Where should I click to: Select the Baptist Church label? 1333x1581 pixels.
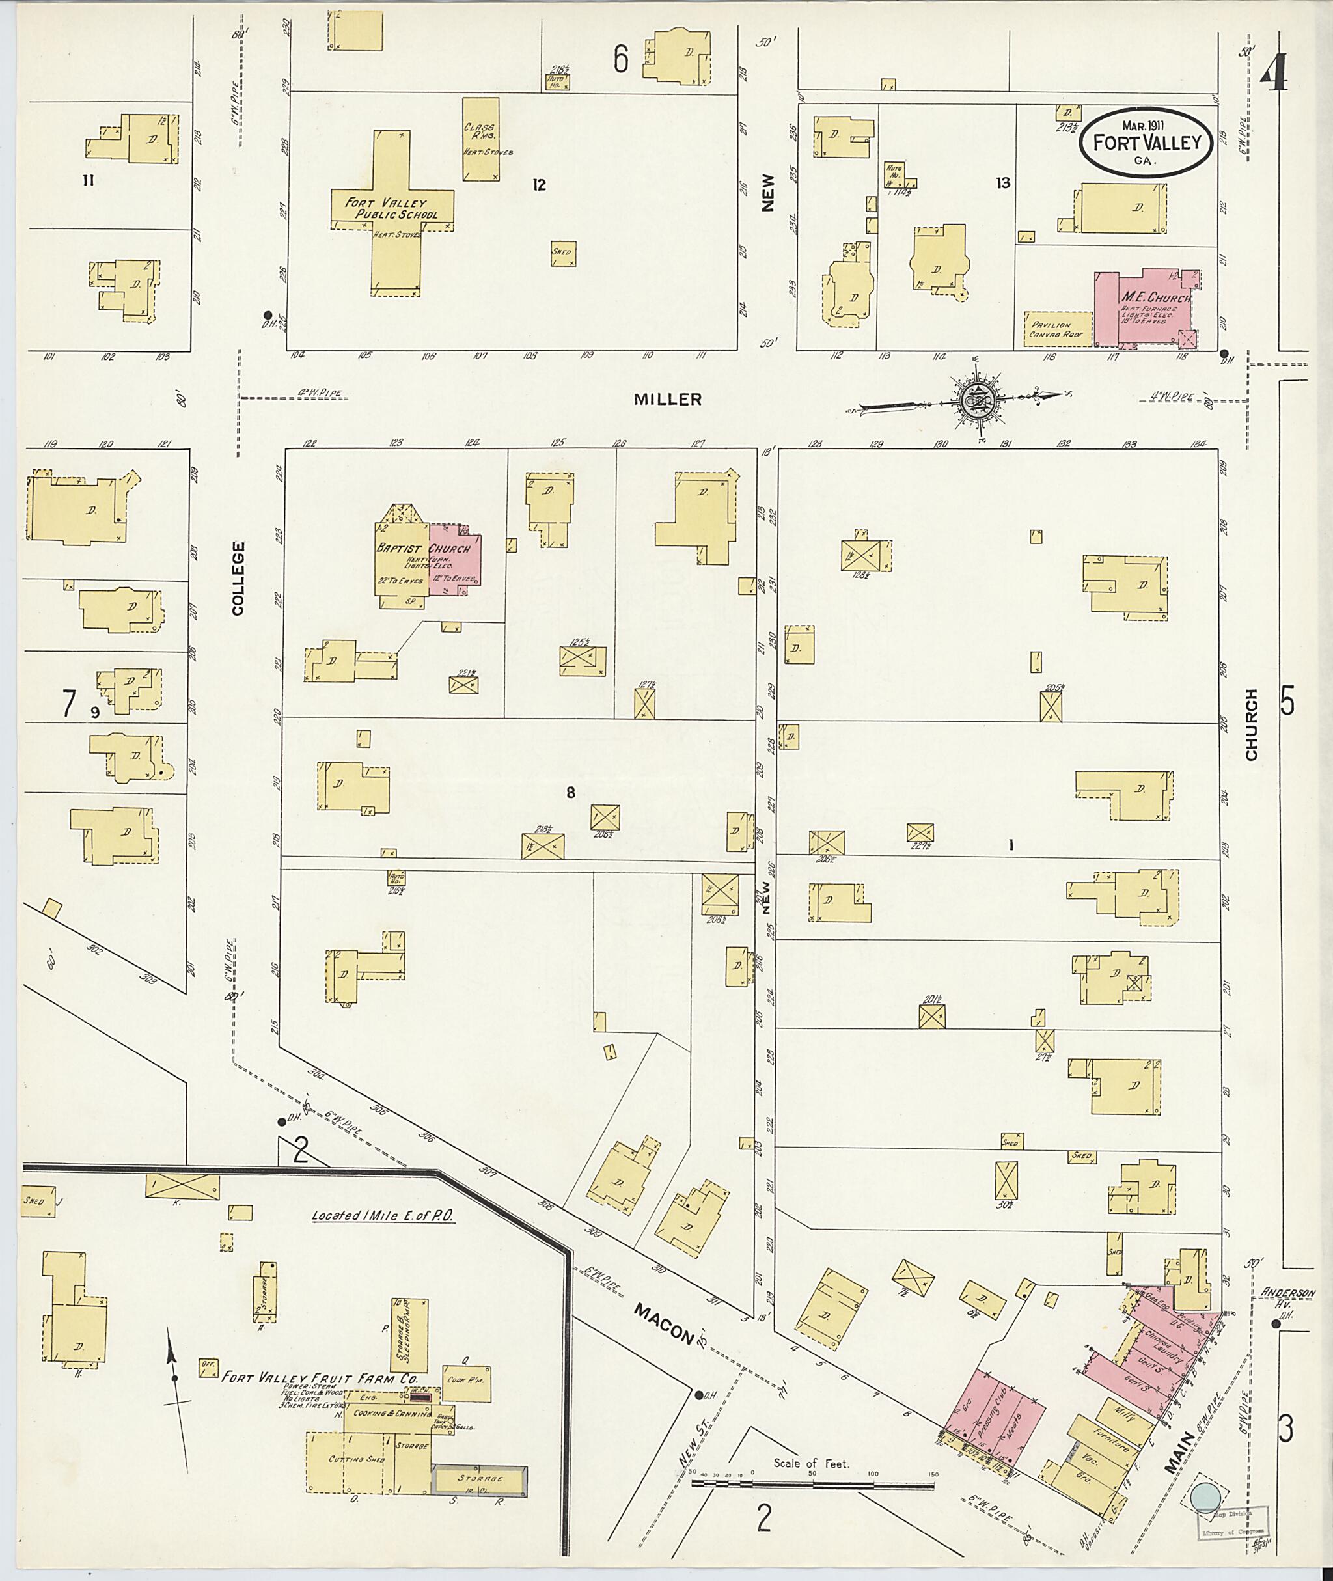tap(423, 549)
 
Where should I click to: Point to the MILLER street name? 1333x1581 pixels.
tap(667, 400)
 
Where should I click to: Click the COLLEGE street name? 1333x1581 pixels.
tap(238, 578)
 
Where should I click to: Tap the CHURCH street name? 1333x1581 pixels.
tap(1252, 724)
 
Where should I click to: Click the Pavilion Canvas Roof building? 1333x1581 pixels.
tap(1057, 329)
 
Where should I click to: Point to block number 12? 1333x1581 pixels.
tap(538, 184)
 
